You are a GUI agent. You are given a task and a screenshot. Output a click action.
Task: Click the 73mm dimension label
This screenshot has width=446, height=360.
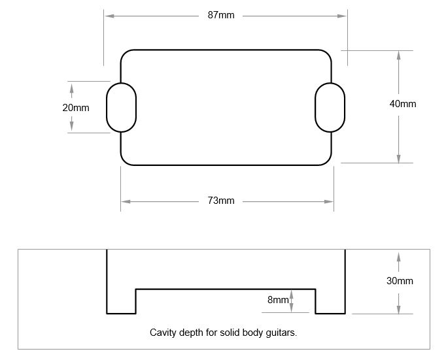point(221,201)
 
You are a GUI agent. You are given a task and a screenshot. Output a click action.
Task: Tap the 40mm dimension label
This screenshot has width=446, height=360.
point(402,104)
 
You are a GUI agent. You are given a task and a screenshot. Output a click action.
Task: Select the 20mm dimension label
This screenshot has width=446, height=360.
point(76,108)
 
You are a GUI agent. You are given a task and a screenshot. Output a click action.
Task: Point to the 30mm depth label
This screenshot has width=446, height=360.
point(400,281)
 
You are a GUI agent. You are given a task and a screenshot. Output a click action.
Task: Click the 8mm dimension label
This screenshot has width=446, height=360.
point(277,300)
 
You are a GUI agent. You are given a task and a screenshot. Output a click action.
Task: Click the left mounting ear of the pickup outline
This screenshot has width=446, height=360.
point(122,107)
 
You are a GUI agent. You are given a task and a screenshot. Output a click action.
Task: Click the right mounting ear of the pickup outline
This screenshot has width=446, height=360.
point(330,107)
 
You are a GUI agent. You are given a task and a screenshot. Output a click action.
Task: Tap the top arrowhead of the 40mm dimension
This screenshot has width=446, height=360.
point(398,56)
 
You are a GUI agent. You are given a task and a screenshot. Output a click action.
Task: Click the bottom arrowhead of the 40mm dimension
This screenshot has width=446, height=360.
point(398,158)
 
